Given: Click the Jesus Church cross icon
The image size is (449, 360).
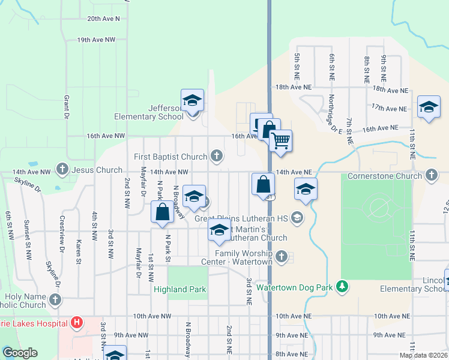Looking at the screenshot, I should click(62, 170).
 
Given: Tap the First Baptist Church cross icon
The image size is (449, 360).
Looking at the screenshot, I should click(217, 157).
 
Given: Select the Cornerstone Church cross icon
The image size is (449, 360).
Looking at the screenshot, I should click(430, 176).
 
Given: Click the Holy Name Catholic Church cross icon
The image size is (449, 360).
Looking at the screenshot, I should click(55, 299).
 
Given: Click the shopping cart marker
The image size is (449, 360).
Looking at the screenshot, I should click(280, 142).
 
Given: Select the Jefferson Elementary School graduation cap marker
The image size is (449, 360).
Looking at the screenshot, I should click(192, 100).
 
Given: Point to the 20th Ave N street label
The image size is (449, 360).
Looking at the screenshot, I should click(103, 19).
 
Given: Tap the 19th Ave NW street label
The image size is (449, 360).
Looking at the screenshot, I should click(96, 40).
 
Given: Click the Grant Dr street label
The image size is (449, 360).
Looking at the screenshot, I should click(67, 106).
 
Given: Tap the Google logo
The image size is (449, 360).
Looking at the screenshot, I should click(20, 353).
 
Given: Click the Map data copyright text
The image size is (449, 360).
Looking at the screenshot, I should click(423, 355).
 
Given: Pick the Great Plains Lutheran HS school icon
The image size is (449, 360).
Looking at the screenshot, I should click(296, 218).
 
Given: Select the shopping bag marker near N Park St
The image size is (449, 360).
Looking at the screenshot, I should click(161, 212).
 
